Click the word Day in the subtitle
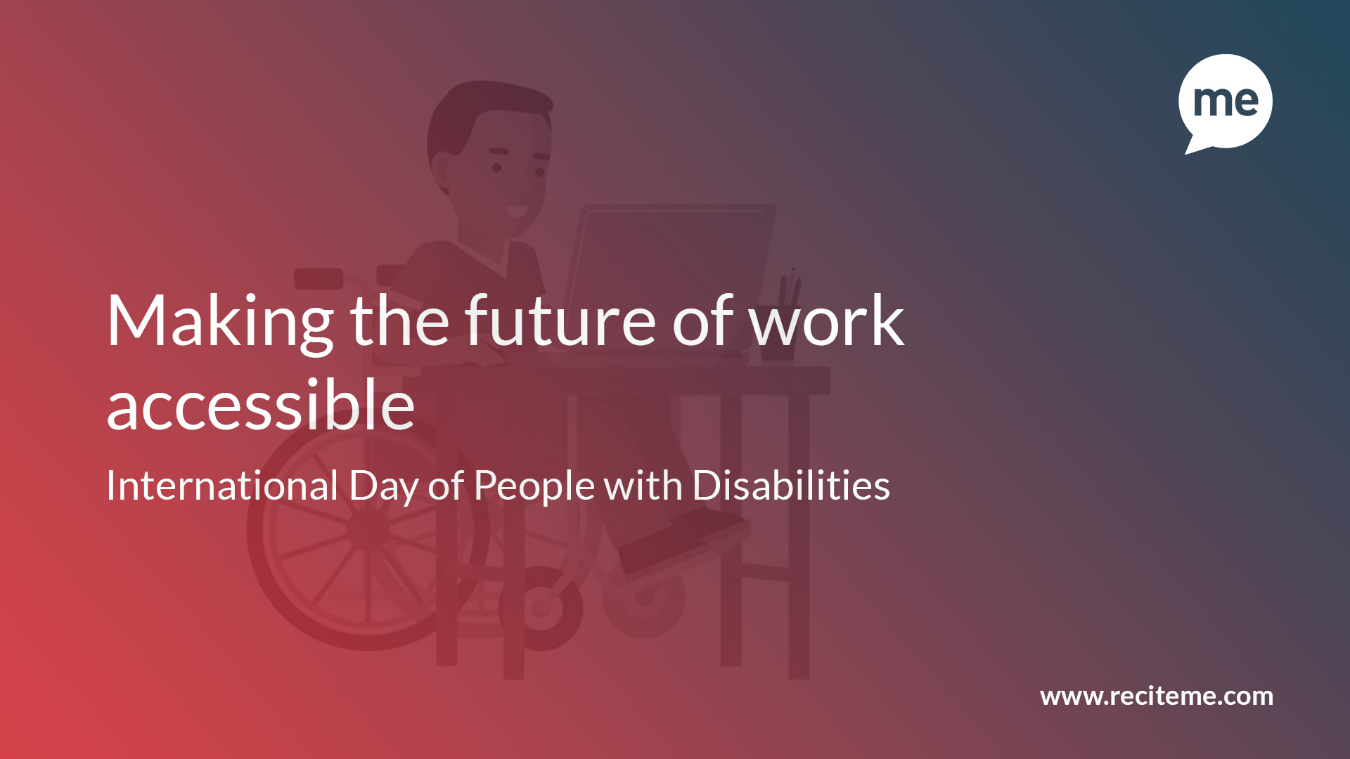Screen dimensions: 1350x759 coord(384,488)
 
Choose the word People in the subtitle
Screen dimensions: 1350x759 coord(534,488)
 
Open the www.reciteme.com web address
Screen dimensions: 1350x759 coord(1157,696)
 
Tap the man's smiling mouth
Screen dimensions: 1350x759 coord(517,210)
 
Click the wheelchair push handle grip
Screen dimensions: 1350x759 coord(319,278)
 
